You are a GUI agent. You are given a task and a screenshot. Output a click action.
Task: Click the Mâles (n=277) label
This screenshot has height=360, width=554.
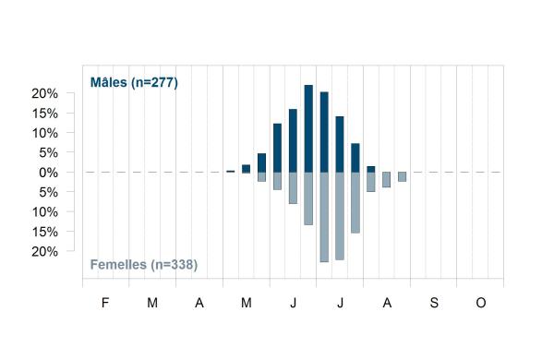tap(134, 83)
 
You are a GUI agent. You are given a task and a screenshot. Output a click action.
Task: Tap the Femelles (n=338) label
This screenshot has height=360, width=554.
tap(144, 265)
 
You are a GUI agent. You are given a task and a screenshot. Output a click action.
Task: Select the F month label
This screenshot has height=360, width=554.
tap(105, 303)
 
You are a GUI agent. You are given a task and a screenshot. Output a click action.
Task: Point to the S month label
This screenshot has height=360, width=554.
tap(434, 303)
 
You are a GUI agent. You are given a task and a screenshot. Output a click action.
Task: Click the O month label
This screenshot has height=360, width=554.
tap(481, 303)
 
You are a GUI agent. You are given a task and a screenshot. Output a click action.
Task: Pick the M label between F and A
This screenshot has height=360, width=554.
tap(152, 303)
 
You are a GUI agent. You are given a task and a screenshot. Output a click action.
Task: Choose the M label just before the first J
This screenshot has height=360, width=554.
tap(247, 303)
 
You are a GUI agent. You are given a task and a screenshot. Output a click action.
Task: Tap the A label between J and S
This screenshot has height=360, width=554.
tap(387, 303)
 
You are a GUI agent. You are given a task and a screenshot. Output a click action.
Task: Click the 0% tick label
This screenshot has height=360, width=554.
tap(48, 173)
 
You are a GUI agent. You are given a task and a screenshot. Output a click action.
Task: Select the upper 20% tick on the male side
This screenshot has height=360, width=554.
tap(45, 93)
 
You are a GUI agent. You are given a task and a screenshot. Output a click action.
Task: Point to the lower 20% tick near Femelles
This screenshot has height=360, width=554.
tap(45, 252)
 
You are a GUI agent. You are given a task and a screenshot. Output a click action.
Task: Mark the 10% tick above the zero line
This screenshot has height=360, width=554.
tap(45, 133)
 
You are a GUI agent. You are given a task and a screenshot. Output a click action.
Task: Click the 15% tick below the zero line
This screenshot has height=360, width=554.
tap(45, 232)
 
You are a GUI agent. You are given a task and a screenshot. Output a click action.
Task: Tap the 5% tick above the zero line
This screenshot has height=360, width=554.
tap(48, 153)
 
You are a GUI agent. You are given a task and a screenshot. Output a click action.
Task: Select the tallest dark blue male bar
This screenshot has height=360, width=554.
tap(308, 128)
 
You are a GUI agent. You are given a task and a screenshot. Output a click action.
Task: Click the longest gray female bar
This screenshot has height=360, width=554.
tap(324, 217)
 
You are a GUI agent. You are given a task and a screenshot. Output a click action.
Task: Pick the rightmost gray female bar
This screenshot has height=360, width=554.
tap(402, 176)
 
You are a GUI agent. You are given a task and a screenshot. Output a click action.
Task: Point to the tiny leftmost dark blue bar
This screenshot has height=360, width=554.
tap(230, 172)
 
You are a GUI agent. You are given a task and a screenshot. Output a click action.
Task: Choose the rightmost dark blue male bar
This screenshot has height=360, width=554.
tap(371, 169)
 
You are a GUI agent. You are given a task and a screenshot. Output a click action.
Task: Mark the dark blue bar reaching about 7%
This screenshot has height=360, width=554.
tap(355, 158)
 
